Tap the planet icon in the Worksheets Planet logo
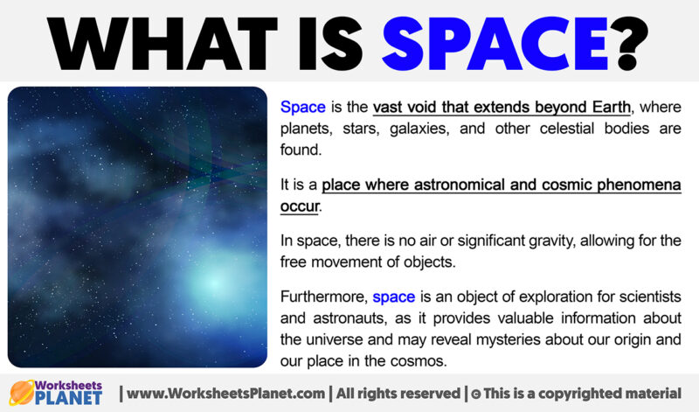point(24,392)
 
